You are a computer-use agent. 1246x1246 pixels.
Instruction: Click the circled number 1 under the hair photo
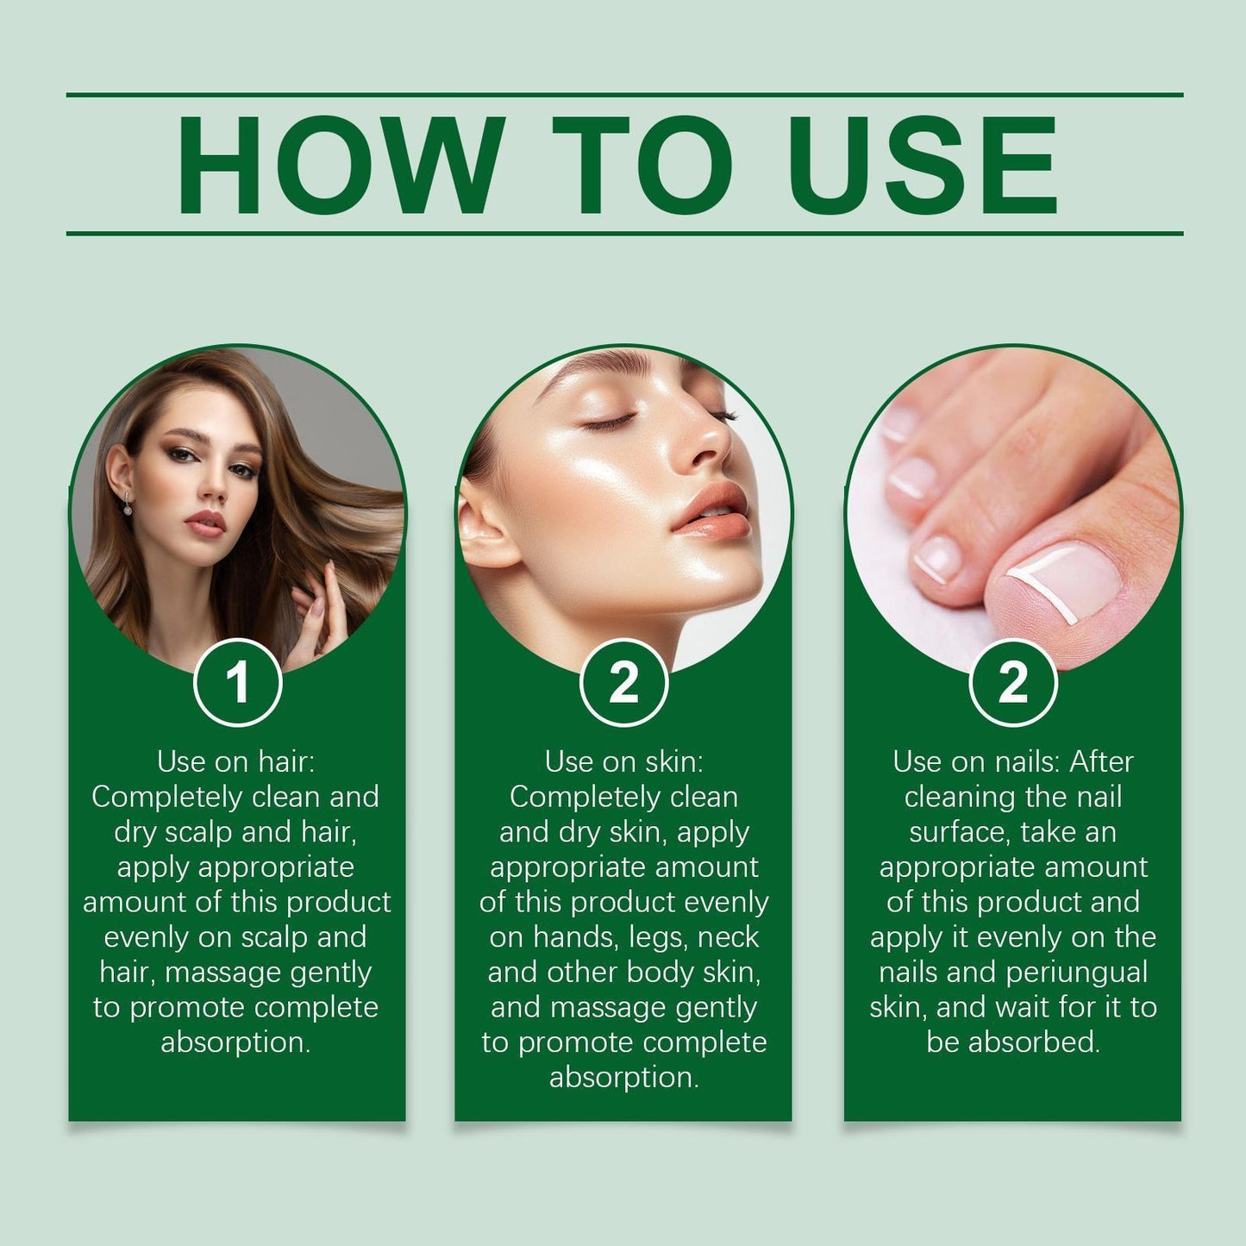tap(238, 683)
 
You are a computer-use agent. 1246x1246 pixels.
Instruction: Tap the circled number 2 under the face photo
tap(624, 683)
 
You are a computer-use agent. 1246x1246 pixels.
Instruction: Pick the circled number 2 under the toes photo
tap(1013, 683)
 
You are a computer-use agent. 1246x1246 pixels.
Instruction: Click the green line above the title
tap(624, 94)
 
